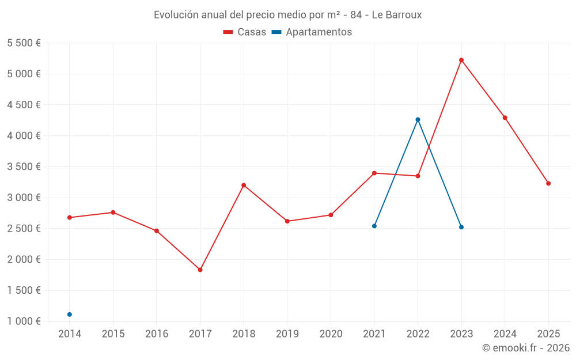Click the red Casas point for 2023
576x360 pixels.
(x=461, y=60)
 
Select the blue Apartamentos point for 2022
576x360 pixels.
(x=418, y=120)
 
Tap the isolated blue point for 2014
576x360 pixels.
(x=70, y=314)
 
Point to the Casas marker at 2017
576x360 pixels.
(x=200, y=270)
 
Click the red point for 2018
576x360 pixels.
(x=244, y=185)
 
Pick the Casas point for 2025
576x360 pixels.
(x=548, y=184)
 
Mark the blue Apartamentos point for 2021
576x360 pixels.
(x=374, y=226)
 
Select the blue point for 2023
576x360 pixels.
(x=461, y=227)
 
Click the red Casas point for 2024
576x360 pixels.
(x=505, y=118)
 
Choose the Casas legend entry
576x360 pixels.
(x=245, y=32)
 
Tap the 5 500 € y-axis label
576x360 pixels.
(x=24, y=43)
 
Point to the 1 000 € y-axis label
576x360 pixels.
(x=24, y=321)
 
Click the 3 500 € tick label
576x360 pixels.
(x=24, y=166)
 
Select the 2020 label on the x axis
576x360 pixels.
(x=331, y=334)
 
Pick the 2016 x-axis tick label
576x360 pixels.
(x=157, y=334)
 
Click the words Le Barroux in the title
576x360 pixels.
(x=397, y=15)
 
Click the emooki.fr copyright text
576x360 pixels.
(x=526, y=348)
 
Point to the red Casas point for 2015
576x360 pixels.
(x=113, y=213)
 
